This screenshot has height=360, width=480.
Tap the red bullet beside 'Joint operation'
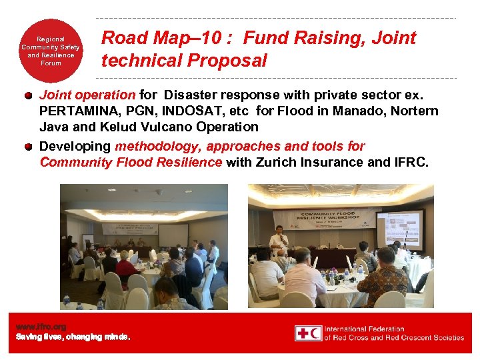[29, 95]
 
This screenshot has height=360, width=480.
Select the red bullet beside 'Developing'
[29, 147]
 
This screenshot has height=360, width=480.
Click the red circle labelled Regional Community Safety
[51, 52]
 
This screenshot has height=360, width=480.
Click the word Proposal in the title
[227, 61]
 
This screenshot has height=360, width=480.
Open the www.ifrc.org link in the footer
[41, 327]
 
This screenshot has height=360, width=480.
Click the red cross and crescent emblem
[309, 333]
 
